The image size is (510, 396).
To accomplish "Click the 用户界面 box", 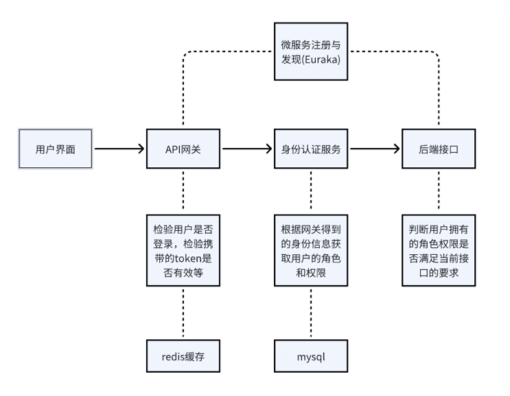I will (x=56, y=148).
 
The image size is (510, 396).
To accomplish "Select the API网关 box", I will (x=183, y=148).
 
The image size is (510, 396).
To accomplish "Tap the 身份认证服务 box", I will (x=311, y=148).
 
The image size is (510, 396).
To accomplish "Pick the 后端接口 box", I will (x=439, y=148).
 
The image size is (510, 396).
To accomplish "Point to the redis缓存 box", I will (x=183, y=357).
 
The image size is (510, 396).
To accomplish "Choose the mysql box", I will (x=311, y=357).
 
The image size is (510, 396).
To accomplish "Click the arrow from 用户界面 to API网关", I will (x=118, y=148).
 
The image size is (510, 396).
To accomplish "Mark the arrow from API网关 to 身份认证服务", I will (x=246, y=148).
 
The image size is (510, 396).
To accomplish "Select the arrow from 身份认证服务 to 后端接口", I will (x=373, y=148).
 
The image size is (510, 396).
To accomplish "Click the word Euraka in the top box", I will (x=325, y=60).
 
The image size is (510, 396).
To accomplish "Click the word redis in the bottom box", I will (x=172, y=357).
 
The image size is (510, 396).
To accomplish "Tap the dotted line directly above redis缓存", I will (x=183, y=312).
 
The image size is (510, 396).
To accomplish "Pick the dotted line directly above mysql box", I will (x=311, y=312).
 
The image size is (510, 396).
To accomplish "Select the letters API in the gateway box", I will (x=174, y=148).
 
